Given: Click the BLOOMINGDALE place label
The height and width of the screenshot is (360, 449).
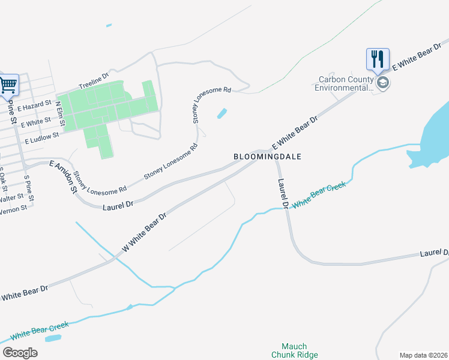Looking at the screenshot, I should pos(267,156).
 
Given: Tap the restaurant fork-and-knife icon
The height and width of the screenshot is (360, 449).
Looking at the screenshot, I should pos(378,59).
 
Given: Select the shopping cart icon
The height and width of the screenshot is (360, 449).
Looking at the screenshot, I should pos(8,85).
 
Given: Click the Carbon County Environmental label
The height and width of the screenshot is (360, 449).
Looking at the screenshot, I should pos(345,83).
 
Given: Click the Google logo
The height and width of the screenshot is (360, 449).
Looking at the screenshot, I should pos(19,353).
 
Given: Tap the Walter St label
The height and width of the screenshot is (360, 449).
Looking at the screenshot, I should pos(11,197).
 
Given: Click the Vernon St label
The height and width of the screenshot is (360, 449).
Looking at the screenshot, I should pos(13,209).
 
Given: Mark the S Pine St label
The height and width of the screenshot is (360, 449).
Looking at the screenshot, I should pos(29,188).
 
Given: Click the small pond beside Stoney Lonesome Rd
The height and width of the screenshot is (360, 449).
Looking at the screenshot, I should pos(221,113).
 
